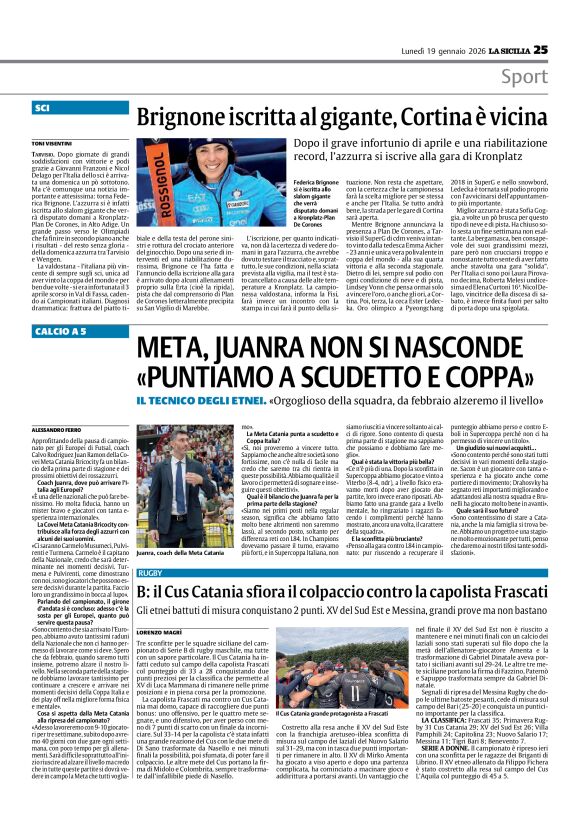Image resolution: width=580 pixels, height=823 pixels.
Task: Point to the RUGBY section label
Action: [x=151, y=572]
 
